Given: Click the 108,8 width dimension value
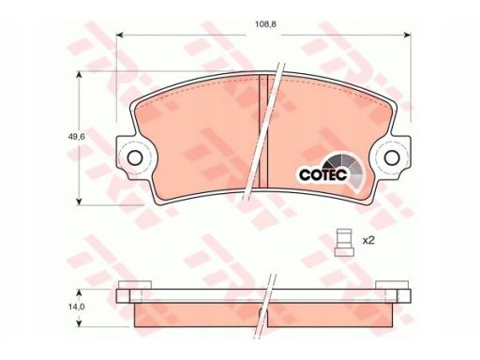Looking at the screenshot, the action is [265, 24].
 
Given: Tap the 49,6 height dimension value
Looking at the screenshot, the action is [77, 137].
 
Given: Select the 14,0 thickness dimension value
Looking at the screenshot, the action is [77, 307].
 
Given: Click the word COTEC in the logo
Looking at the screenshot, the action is [323, 175].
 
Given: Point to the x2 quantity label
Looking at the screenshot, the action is [368, 240].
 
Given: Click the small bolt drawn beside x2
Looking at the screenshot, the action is [344, 243].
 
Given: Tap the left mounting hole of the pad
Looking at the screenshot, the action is [135, 158].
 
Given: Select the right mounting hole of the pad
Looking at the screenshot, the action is [392, 158].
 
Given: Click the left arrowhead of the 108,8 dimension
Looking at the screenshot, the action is [120, 35].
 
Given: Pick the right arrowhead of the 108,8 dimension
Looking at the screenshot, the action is [407, 35].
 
